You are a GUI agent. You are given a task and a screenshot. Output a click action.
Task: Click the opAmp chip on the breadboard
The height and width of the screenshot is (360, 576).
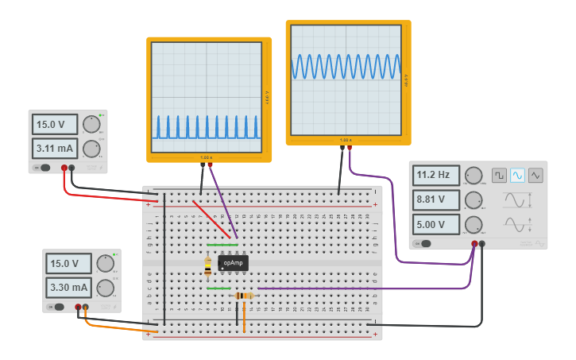point(234,263)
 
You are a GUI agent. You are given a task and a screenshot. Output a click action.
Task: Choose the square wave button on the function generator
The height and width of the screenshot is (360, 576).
point(499,175)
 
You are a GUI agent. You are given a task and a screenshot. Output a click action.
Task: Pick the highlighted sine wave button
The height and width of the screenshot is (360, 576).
point(517,175)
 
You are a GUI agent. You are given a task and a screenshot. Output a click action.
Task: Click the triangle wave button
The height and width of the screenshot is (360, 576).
point(535,175)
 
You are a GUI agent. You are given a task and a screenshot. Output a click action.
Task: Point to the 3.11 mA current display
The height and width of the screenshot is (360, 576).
point(55,148)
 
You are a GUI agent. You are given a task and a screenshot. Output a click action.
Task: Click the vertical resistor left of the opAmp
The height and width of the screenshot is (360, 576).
point(208,267)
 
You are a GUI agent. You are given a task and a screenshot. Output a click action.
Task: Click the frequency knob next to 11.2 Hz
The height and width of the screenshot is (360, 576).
point(474,176)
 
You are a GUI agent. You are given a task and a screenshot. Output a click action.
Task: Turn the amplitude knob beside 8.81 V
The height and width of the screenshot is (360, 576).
point(474,200)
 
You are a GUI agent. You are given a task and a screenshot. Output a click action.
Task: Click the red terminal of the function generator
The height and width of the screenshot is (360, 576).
point(474,244)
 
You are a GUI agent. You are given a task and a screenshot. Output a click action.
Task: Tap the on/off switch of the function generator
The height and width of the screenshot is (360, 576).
point(426,244)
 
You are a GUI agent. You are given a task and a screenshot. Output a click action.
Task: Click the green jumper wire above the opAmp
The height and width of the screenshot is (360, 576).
point(222,245)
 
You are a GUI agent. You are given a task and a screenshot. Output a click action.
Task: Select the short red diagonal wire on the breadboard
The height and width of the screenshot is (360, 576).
point(212,219)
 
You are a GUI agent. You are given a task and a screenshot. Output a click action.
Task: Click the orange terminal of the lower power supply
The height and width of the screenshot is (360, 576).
point(86,307)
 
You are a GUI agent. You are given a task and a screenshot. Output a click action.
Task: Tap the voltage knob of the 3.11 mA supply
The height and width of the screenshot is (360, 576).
point(91,124)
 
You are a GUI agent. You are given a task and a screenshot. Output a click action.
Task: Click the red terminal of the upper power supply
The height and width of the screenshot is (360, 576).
point(64,168)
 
